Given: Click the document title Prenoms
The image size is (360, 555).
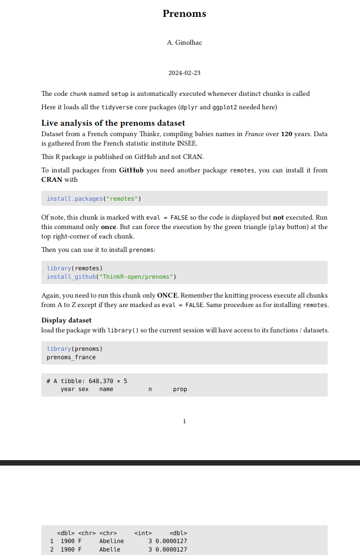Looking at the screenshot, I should [x=184, y=14].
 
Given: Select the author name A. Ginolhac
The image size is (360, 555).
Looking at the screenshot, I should [x=184, y=43].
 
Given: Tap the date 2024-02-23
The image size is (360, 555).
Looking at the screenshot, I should [x=184, y=73].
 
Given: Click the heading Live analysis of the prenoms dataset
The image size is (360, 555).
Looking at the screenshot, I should [x=113, y=123].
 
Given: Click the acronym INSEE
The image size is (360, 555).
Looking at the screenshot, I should [x=186, y=144].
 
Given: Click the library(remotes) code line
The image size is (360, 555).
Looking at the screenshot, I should [x=75, y=268].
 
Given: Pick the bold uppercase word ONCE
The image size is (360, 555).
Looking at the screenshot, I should [x=167, y=295].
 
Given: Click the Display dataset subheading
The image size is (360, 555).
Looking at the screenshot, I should [x=66, y=320].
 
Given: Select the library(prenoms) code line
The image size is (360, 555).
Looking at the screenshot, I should [x=75, y=349].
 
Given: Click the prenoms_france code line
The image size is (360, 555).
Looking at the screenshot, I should [x=71, y=357].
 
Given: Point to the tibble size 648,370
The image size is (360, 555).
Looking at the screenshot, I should [x=102, y=381].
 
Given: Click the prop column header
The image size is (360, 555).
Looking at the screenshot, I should [x=180, y=389].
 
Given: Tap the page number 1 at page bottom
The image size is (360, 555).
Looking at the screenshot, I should [x=184, y=421].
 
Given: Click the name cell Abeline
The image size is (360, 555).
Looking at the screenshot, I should [x=111, y=541].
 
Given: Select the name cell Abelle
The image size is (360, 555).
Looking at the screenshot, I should [x=109, y=550].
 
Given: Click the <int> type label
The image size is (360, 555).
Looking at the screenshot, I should [x=143, y=533].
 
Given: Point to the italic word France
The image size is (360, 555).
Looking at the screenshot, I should [x=254, y=134].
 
